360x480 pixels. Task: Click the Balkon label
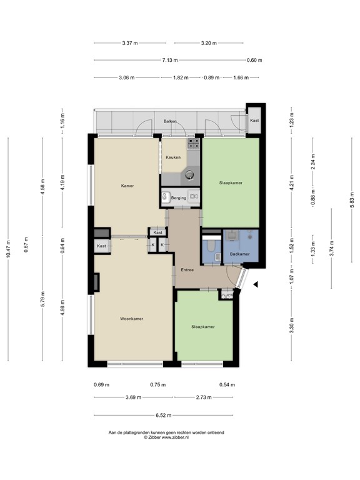[170, 121]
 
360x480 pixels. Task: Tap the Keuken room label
[173, 157]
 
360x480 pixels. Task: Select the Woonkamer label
[132, 319]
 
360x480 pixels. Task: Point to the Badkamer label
[239, 254]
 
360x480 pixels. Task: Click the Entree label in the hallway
[187, 270]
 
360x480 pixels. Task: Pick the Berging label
[179, 197]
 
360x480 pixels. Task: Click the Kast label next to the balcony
[254, 120]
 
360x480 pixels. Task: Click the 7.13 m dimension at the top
[170, 61]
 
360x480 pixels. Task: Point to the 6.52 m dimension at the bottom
[166, 415]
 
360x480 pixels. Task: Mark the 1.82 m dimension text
[182, 78]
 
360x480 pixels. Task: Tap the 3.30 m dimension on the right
[291, 326]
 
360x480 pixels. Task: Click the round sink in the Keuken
[191, 175]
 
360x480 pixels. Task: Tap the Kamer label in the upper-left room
[127, 186]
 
